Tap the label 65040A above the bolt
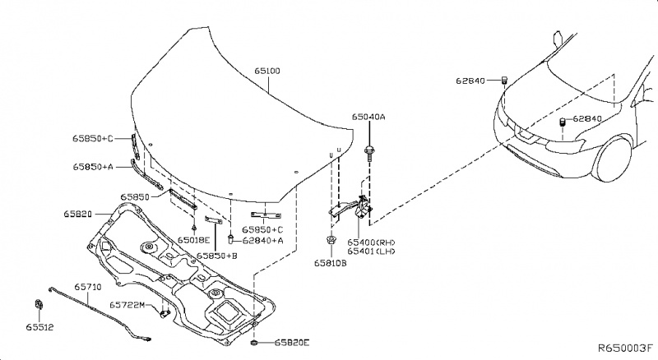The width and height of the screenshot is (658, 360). [368, 117]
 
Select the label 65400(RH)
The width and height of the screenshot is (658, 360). [371, 242]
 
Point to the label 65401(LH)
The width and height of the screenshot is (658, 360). [371, 252]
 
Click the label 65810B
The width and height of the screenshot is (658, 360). [330, 263]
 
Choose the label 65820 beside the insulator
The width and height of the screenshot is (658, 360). [77, 214]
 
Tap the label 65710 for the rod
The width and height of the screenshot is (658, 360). [88, 287]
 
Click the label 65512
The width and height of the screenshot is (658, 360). [39, 327]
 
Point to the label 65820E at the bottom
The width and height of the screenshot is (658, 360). [293, 341]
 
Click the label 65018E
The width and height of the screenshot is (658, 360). [194, 241]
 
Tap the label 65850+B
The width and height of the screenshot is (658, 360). [216, 256]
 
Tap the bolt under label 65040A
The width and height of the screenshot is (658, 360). [369, 150]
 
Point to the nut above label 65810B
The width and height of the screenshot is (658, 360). [330, 241]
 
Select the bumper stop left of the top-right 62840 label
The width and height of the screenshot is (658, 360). [503, 80]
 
